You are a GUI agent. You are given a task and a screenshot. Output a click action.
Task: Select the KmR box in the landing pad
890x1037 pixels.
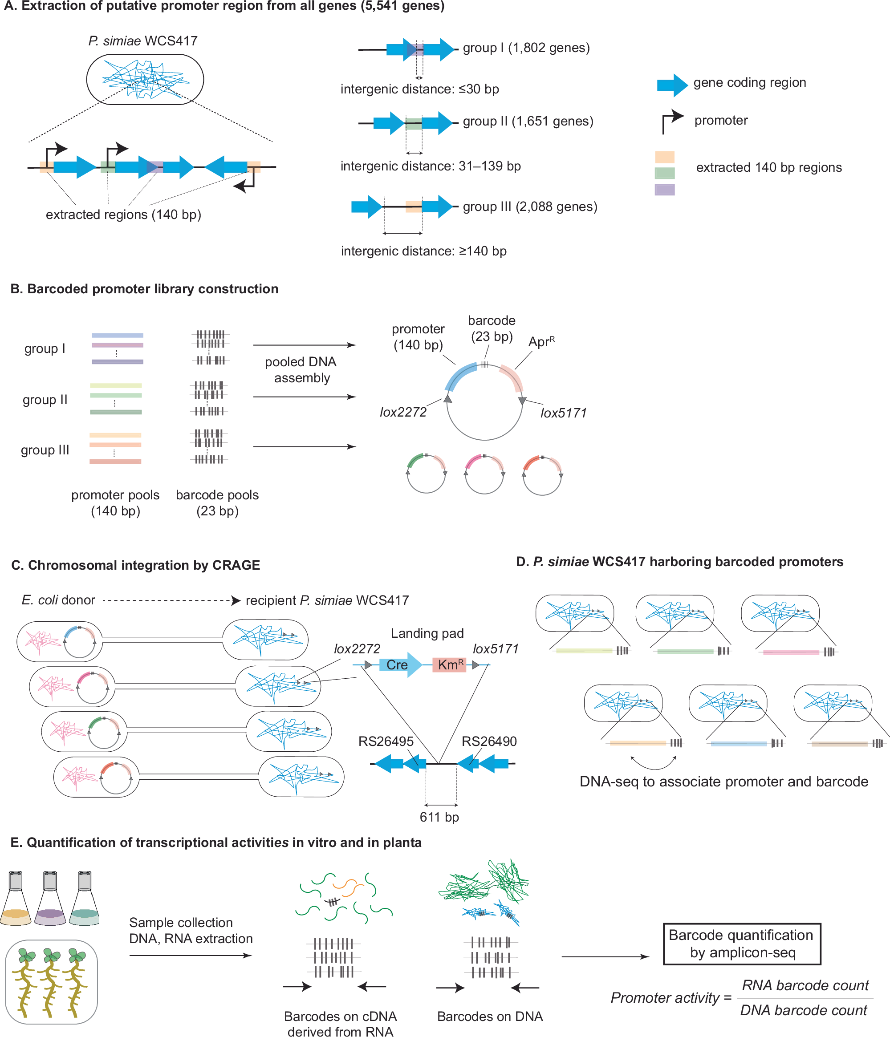click(449, 664)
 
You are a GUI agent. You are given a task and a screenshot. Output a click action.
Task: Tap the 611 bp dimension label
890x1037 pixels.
click(439, 817)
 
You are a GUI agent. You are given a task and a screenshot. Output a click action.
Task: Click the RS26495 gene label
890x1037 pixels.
click(386, 741)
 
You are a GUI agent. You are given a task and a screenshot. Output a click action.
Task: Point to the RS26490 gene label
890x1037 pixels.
click(488, 741)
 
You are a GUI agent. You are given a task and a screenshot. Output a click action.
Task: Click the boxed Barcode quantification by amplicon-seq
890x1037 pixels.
click(741, 944)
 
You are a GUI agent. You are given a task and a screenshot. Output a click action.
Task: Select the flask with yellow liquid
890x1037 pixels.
click(16, 901)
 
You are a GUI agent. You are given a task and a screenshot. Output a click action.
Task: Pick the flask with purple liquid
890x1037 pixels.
click(50, 901)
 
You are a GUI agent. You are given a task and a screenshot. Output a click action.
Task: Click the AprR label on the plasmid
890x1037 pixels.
click(541, 342)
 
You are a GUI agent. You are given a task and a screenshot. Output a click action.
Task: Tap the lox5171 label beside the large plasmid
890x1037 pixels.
click(563, 413)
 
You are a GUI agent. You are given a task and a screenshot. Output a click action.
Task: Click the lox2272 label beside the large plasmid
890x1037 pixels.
click(403, 412)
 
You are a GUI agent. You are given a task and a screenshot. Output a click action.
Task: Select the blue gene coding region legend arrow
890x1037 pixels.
click(672, 85)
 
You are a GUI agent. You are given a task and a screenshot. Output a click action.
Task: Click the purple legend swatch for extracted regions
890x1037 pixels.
click(664, 190)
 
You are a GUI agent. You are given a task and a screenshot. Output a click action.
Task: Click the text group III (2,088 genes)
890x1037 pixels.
click(530, 207)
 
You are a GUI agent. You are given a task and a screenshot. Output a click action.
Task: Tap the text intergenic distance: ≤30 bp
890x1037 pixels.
click(419, 89)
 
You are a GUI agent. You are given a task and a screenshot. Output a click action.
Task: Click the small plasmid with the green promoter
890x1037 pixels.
click(426, 474)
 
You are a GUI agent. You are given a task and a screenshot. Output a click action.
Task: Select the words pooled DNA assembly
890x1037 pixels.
click(301, 369)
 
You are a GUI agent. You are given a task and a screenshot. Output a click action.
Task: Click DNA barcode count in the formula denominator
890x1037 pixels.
click(803, 1010)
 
